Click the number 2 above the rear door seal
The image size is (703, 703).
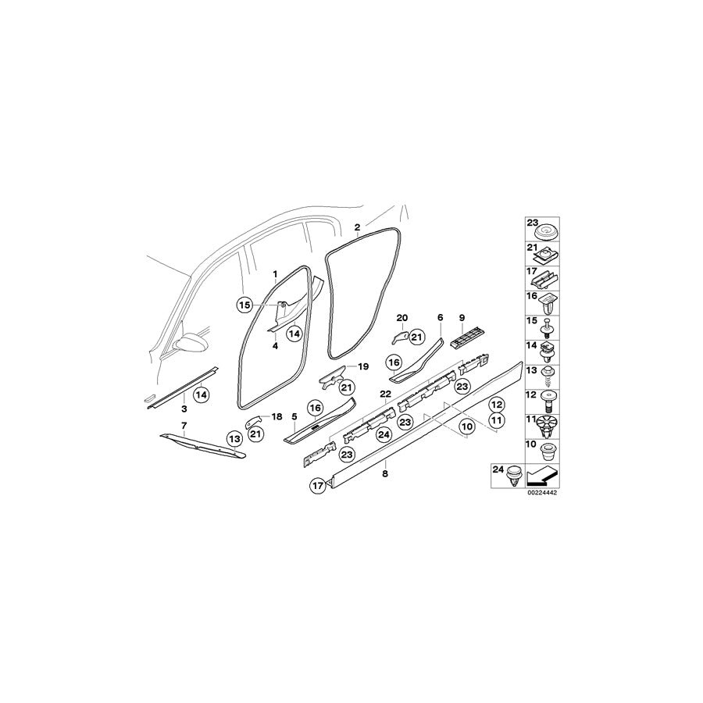[357, 227]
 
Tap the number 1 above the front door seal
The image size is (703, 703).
[275, 274]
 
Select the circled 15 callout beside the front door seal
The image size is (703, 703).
[244, 305]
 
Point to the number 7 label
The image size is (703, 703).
[184, 425]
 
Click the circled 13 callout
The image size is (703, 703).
[234, 438]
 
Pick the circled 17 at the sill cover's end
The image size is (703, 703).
[318, 485]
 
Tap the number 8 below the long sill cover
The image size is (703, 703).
[385, 473]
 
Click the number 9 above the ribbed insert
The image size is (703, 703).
[462, 318]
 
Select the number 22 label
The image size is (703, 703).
[386, 394]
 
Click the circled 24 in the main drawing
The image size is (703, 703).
[384, 434]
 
